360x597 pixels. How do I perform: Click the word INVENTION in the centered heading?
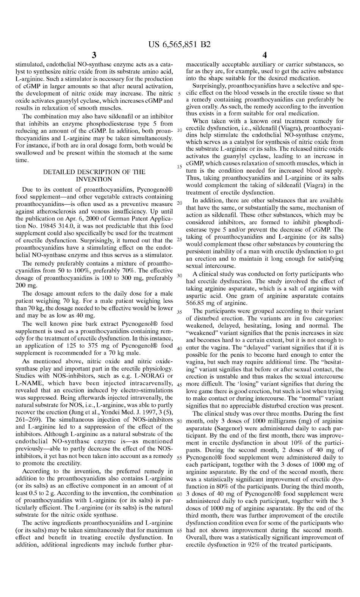coord(94,179)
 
